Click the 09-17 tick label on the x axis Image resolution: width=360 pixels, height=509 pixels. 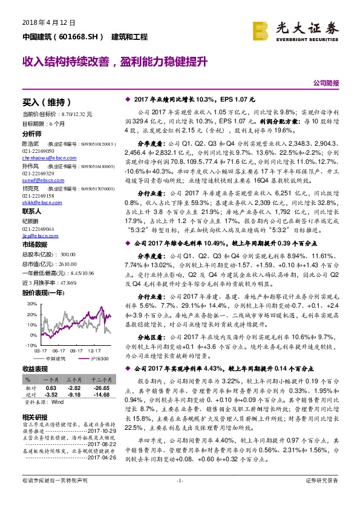(x=77, y=349)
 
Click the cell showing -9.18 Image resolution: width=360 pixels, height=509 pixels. (x=74, y=394)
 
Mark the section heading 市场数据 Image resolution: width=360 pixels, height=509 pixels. (x=34, y=244)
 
